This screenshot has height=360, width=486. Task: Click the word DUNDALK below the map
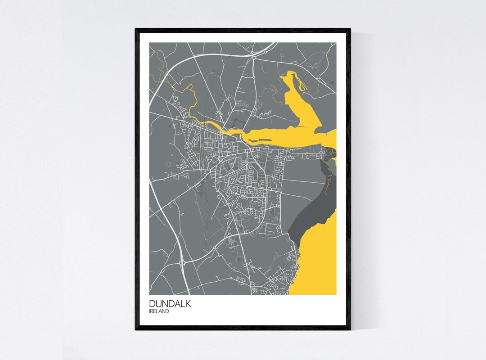pyautogui.click(x=170, y=304)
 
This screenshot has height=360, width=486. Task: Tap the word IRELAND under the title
pyautogui.click(x=159, y=311)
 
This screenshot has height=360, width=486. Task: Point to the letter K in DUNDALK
pyautogui.click(x=188, y=304)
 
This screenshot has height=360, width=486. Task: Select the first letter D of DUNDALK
pyautogui.click(x=152, y=304)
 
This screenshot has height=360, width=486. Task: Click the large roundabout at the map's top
pyautogui.click(x=254, y=58)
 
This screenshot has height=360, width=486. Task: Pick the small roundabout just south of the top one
pyautogui.click(x=253, y=77)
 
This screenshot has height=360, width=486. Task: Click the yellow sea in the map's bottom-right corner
pyautogui.click(x=319, y=270)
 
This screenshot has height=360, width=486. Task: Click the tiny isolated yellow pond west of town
pyautogui.click(x=172, y=155)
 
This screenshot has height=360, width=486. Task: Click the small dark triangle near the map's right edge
pyautogui.click(x=332, y=83)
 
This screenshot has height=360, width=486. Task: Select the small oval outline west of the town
pyautogui.click(x=168, y=164)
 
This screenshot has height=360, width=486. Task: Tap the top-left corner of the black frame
pyautogui.click(x=136, y=29)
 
